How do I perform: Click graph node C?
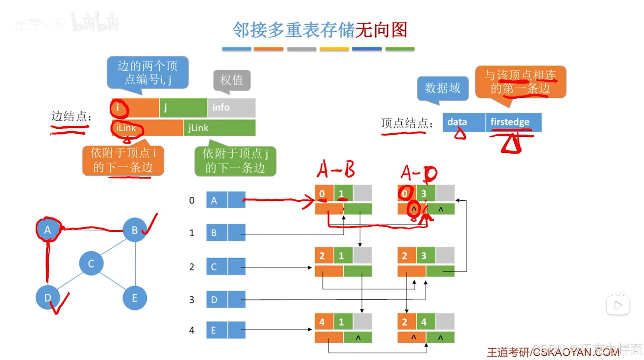click(91, 263)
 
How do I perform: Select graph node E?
click(135, 298)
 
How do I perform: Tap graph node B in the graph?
click(135, 230)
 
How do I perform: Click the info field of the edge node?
click(232, 107)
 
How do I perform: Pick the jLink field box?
click(219, 128)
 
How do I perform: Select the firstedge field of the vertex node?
click(513, 122)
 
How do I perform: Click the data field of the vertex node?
click(464, 122)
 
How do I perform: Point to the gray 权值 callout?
click(232, 80)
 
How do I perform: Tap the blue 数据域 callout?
click(442, 88)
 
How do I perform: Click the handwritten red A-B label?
click(336, 169)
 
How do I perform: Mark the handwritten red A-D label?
click(419, 173)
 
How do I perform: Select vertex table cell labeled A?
click(216, 200)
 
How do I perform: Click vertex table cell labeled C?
click(216, 267)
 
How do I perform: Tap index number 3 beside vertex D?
click(192, 299)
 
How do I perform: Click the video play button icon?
click(618, 305)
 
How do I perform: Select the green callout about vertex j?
click(235, 161)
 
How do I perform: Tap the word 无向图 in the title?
click(381, 30)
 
